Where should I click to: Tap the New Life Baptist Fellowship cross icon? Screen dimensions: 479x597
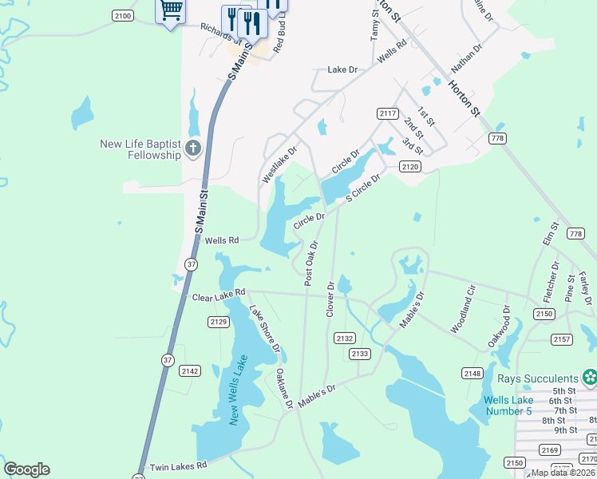point(192,148)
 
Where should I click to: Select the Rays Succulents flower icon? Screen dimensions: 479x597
point(590,376)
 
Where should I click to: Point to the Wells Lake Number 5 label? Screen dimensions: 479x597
point(507,406)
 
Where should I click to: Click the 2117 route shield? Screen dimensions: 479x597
point(388,114)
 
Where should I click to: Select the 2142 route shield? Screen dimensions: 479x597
point(190,370)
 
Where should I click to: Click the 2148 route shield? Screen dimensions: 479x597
point(472,374)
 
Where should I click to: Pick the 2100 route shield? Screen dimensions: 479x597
point(123,15)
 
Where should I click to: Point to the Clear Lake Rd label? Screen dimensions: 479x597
point(218,296)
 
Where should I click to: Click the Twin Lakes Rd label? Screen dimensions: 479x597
point(174,465)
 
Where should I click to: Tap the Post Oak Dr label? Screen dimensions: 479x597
point(310,263)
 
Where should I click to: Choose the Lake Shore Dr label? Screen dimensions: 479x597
point(264,330)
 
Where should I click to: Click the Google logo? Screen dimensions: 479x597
point(26,469)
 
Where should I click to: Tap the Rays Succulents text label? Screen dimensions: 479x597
point(537,378)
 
